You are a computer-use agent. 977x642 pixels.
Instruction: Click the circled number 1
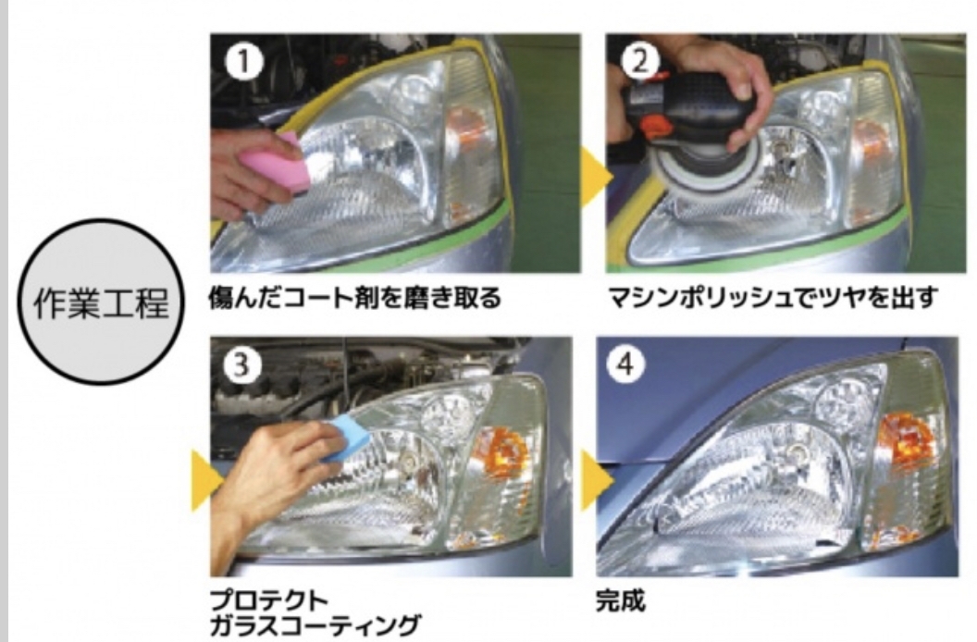[243, 61]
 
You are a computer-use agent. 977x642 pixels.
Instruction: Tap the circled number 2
[640, 61]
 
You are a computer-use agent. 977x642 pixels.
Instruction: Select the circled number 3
[240, 364]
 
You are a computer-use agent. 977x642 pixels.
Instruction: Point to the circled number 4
[625, 364]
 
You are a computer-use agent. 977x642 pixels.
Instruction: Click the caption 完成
[620, 599]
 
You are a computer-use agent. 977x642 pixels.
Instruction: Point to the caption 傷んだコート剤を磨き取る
[355, 298]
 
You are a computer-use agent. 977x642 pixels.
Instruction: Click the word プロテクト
[268, 600]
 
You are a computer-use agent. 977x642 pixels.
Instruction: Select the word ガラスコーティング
[314, 625]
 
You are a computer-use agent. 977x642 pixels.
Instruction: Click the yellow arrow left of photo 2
[596, 177]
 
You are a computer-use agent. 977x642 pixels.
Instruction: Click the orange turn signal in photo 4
[906, 438]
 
